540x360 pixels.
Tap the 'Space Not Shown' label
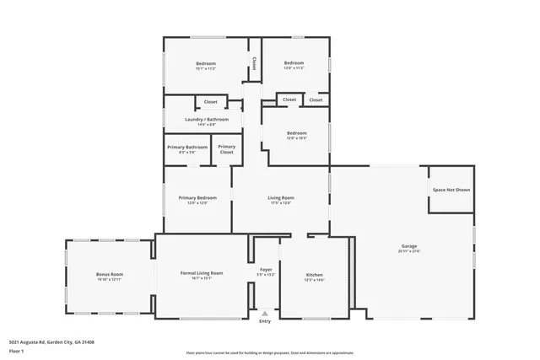(x=451, y=190)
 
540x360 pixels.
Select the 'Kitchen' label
(x=314, y=276)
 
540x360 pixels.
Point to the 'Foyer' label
(x=265, y=270)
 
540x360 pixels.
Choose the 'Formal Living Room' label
(x=202, y=273)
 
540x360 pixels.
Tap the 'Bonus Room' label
(x=110, y=274)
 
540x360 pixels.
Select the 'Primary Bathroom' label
(x=186, y=148)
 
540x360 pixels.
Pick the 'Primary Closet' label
(x=226, y=149)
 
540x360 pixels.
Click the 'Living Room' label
(x=281, y=198)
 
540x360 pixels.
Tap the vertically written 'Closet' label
(x=254, y=64)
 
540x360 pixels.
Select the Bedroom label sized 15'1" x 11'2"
(x=207, y=64)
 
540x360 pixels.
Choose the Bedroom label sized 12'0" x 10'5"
(x=296, y=133)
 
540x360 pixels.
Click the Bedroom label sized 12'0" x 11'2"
(x=294, y=64)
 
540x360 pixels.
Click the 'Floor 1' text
(x=16, y=350)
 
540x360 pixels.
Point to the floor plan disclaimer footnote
(x=269, y=352)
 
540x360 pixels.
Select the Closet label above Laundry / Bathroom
(x=210, y=101)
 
